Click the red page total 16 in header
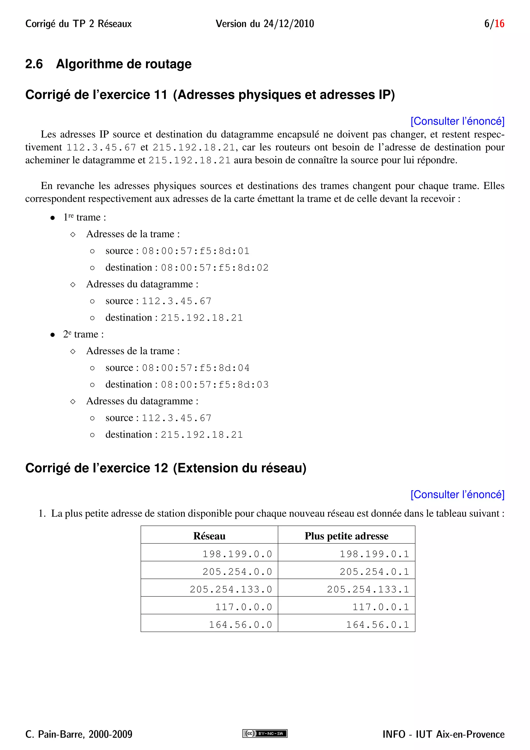point(499,24)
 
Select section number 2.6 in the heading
point(34,64)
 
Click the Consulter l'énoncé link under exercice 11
point(457,121)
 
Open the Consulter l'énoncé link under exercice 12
point(457,495)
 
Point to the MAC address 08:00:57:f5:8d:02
point(215,268)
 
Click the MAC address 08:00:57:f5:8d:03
point(215,385)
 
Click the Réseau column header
point(209,536)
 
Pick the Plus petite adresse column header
point(346,536)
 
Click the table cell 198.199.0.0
point(237,554)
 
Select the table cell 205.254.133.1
point(368,589)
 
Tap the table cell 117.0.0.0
point(244,607)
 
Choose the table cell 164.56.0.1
point(377,625)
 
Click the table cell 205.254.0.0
point(237,572)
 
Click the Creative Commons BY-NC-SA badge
point(265,734)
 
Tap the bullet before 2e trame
point(53,335)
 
